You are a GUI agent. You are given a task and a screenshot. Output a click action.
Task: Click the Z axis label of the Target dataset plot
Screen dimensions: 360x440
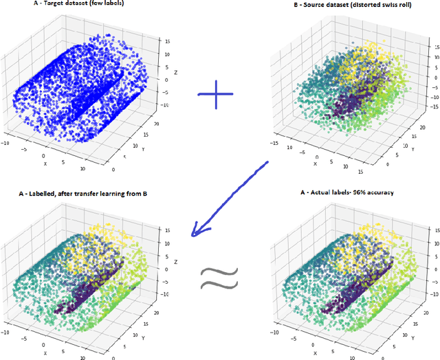click(x=177, y=71)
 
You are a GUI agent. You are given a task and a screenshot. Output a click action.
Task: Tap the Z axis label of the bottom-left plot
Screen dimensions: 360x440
click(x=176, y=262)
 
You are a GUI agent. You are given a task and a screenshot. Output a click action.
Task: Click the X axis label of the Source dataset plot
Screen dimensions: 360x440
click(x=316, y=163)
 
